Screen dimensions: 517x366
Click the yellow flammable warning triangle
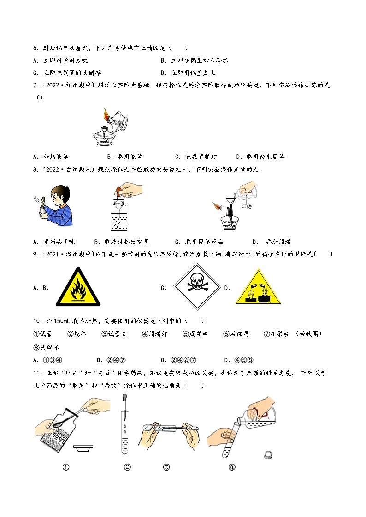tap(77, 289)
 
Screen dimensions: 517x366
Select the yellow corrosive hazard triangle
tap(258, 288)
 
